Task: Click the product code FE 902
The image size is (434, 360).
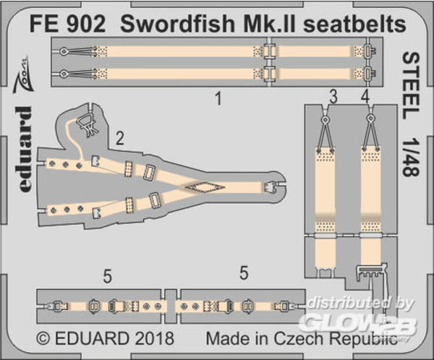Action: coord(67,23)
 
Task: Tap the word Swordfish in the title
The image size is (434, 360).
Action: coord(177,23)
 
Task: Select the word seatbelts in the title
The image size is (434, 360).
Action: coord(354,23)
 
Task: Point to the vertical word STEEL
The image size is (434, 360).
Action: coord(411,85)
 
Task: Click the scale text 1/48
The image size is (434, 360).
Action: coord(411,155)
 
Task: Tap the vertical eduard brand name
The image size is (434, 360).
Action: coord(25,149)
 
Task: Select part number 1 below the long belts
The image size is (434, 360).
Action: coord(218,98)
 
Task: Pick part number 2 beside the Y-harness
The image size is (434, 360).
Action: coord(119,138)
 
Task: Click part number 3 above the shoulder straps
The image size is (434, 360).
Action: coord(333,97)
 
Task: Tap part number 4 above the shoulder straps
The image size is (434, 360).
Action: coord(365,97)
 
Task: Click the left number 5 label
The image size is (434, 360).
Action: coord(107,276)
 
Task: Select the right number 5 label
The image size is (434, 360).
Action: coord(244,273)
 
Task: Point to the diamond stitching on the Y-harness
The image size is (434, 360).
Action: coord(205,187)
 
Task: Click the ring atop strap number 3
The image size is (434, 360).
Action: coord(325,119)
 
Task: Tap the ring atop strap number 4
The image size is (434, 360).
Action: coord(370,119)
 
